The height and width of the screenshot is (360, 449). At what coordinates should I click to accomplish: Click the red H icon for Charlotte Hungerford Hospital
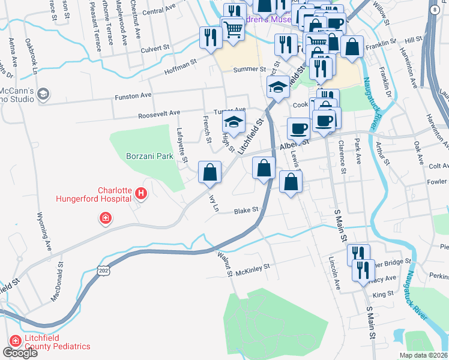[140, 193]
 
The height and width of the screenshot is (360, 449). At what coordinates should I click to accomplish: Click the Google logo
[20, 353]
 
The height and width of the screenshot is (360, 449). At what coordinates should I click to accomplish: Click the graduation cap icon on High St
[234, 123]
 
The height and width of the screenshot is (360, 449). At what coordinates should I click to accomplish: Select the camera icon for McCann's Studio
[43, 94]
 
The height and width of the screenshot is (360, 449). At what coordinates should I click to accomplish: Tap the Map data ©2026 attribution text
[423, 355]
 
